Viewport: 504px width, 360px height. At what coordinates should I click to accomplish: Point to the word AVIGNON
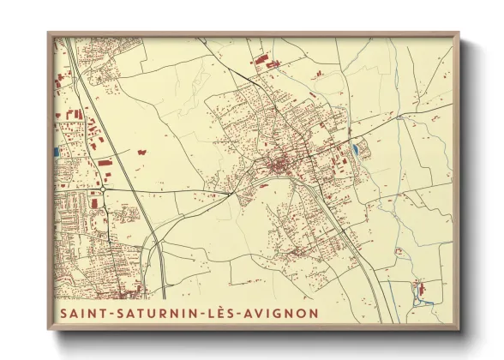280,313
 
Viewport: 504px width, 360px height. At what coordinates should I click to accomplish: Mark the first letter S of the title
63,313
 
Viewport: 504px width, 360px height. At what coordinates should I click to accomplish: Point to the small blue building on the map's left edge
57,152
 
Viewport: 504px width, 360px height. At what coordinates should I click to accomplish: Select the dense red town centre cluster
279,165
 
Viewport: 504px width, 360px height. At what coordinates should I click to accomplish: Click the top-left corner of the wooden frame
49,33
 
